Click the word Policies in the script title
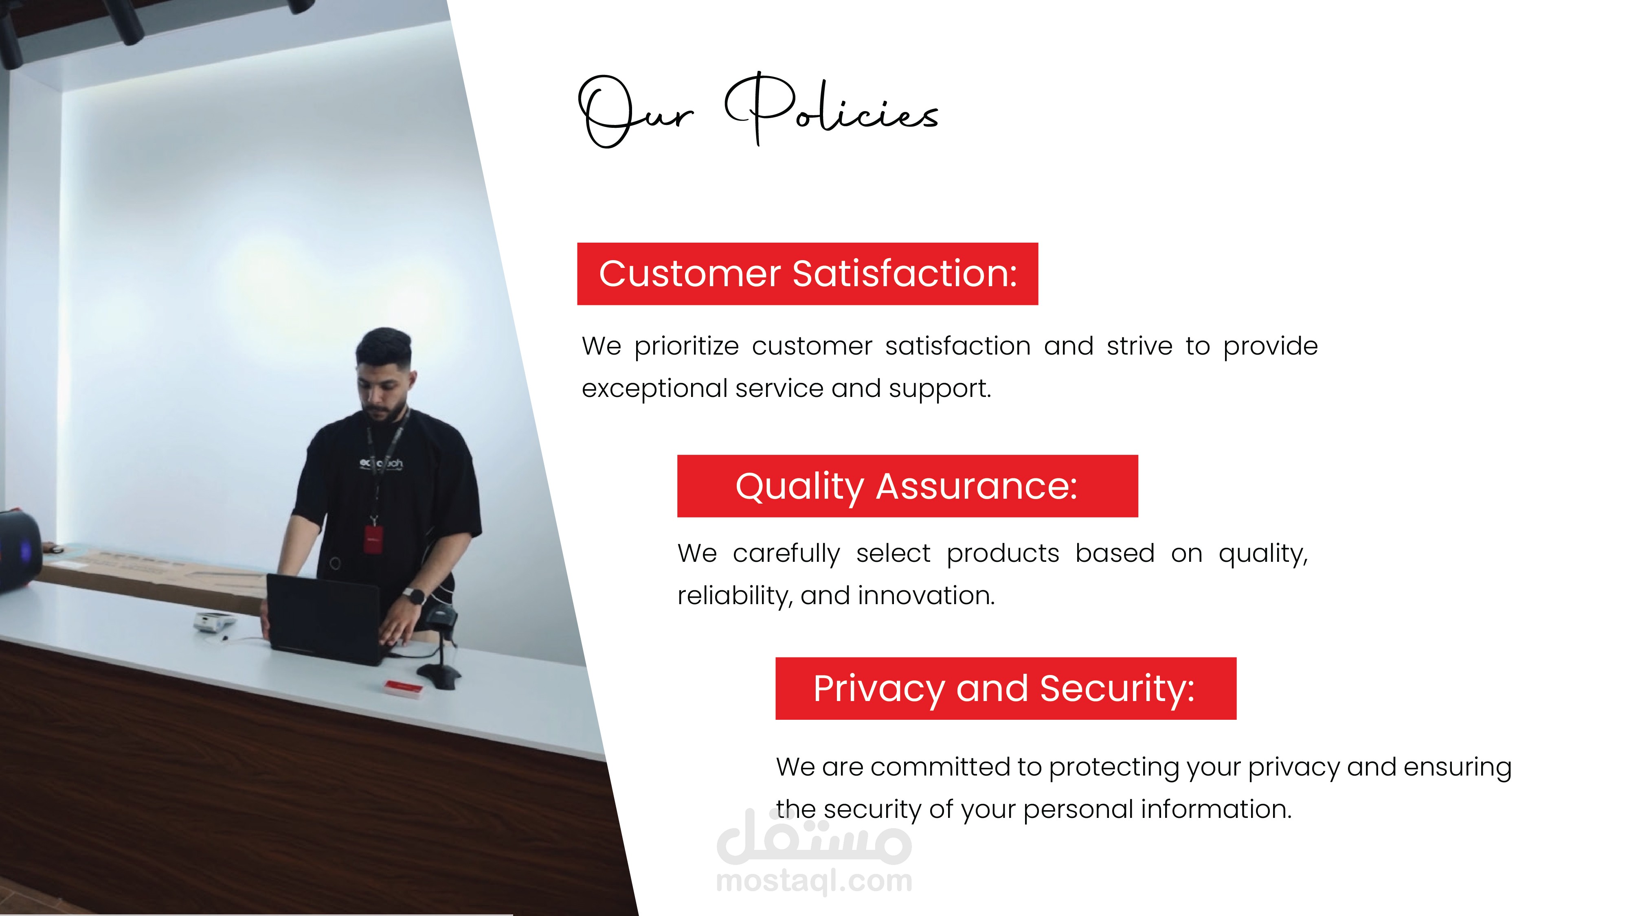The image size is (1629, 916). pyautogui.click(x=832, y=109)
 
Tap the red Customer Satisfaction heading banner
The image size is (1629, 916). pyautogui.click(x=808, y=274)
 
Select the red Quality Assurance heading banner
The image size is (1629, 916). pyautogui.click(x=907, y=486)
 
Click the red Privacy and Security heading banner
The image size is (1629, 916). pyautogui.click(x=1006, y=688)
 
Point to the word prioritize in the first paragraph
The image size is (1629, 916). pyautogui.click(x=687, y=347)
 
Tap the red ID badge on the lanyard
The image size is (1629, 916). pyautogui.click(x=373, y=539)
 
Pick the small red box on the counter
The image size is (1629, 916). pyautogui.click(x=403, y=689)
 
